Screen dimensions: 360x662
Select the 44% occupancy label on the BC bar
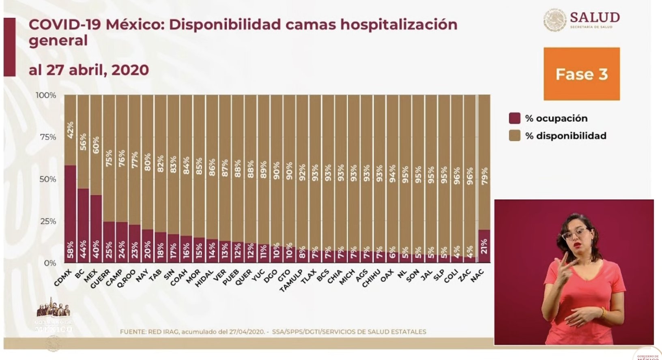pyautogui.click(x=83, y=251)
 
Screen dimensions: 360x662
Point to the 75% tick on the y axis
pyautogui.click(x=48, y=137)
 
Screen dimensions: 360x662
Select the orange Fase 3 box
pyautogui.click(x=581, y=74)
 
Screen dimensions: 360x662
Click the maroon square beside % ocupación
pyautogui.click(x=514, y=118)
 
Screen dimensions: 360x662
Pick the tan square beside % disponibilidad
pyautogui.click(x=514, y=136)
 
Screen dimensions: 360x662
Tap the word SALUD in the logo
pyautogui.click(x=595, y=17)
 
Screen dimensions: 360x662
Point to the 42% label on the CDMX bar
pyautogui.click(x=70, y=130)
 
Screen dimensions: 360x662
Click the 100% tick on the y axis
pyautogui.click(x=46, y=95)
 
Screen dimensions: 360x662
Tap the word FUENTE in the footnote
pyautogui.click(x=133, y=332)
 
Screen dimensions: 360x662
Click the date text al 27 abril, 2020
pyautogui.click(x=89, y=70)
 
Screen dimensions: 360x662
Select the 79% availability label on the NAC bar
pyautogui.click(x=484, y=176)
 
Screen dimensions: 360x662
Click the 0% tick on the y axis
pyautogui.click(x=50, y=263)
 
